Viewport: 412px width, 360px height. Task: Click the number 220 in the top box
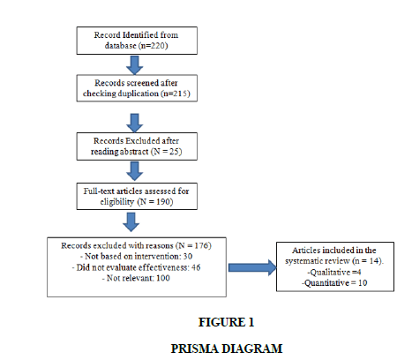pyautogui.click(x=158, y=46)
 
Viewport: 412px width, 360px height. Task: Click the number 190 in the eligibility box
pyautogui.click(x=163, y=202)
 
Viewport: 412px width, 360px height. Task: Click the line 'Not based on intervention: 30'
pyautogui.click(x=136, y=257)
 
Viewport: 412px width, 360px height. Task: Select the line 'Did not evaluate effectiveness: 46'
pyautogui.click(x=136, y=267)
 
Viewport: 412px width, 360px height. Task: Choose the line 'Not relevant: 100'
pyautogui.click(x=136, y=278)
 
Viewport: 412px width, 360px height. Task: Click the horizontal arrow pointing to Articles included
pyautogui.click(x=252, y=267)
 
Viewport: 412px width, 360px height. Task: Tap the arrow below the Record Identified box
pyautogui.click(x=134, y=65)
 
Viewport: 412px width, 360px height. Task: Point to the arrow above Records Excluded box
pyautogui.click(x=134, y=123)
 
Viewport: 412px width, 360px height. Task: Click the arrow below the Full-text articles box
pyautogui.click(x=131, y=222)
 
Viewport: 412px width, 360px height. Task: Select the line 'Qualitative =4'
pyautogui.click(x=334, y=273)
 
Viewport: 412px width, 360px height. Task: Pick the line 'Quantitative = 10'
pyautogui.click(x=334, y=283)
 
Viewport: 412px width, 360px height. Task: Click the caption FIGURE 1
pyautogui.click(x=226, y=322)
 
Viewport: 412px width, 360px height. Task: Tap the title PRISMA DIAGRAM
pyautogui.click(x=227, y=349)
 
